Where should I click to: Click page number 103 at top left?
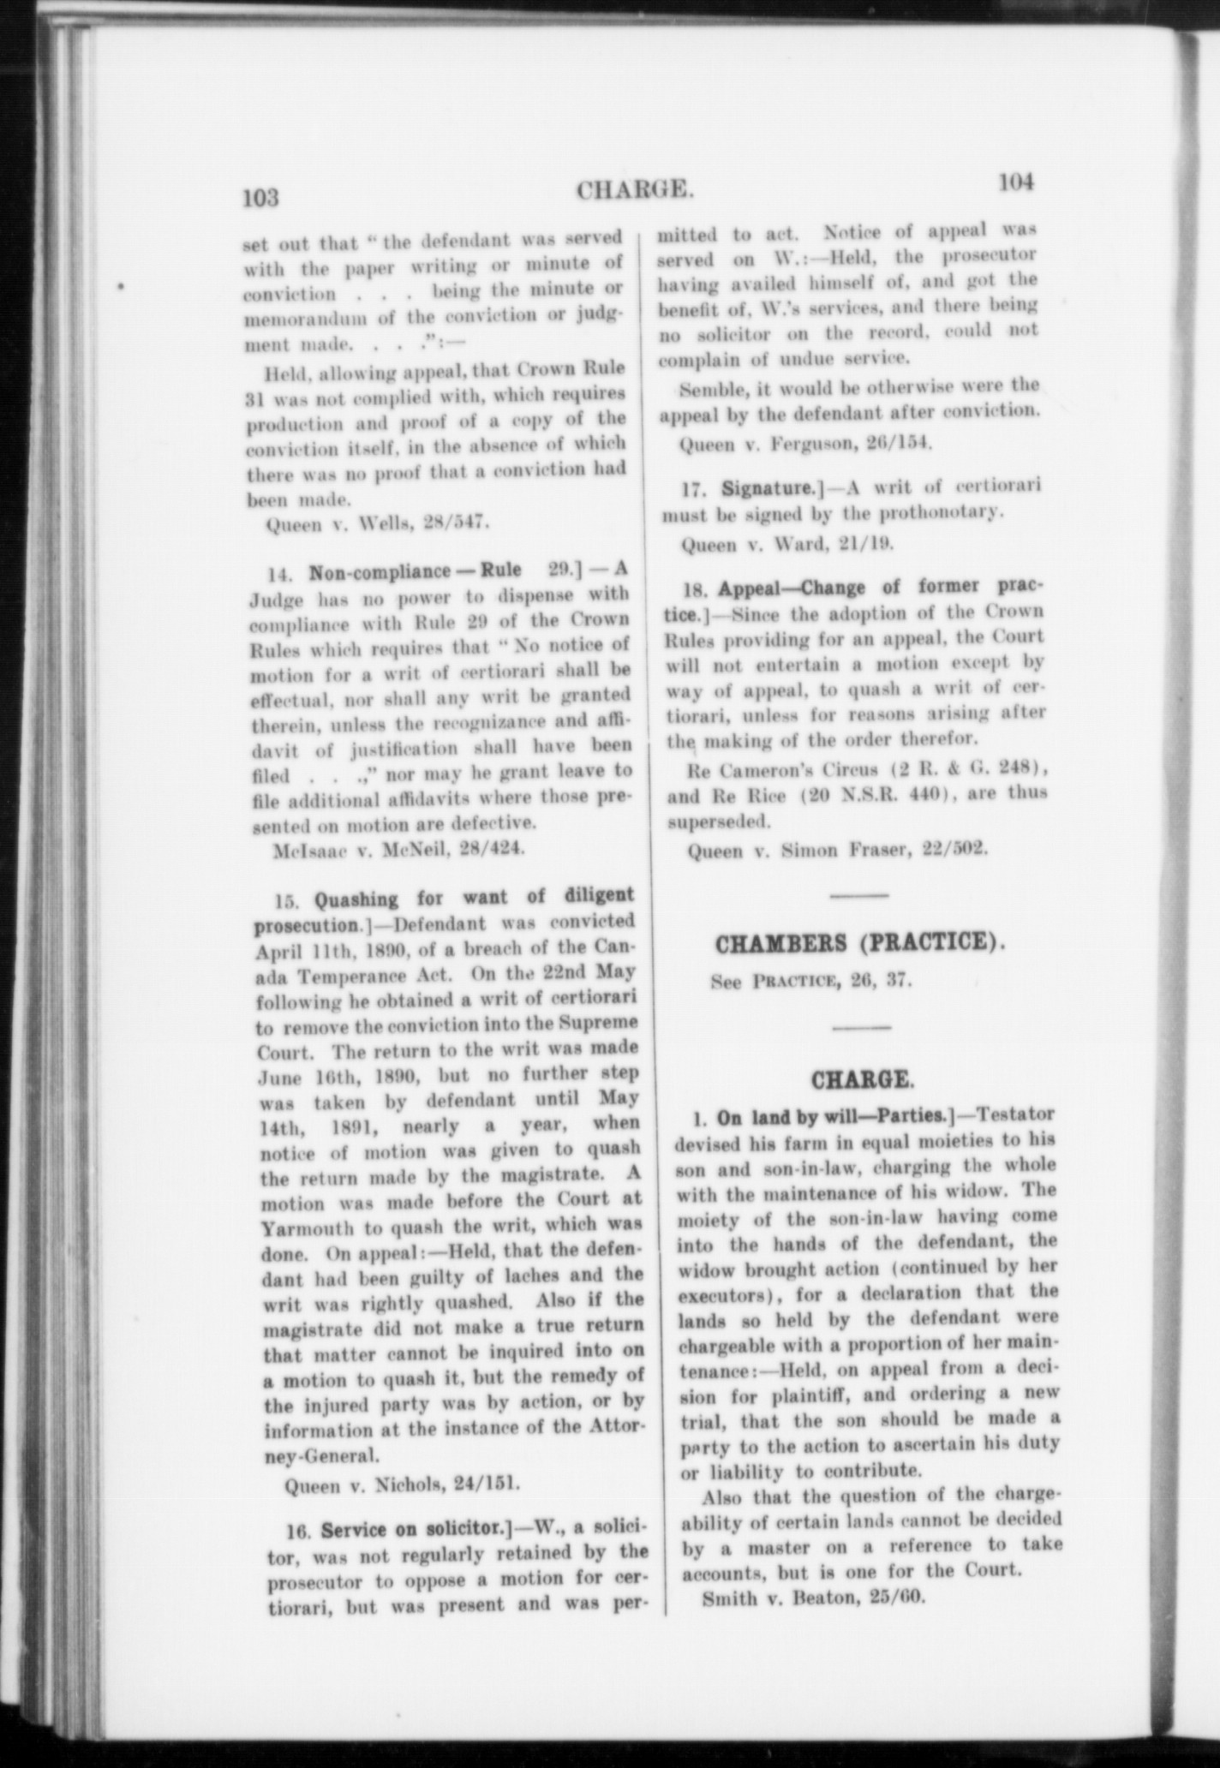(x=261, y=198)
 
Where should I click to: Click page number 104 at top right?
(x=1016, y=182)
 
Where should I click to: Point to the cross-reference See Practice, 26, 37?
(x=810, y=981)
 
